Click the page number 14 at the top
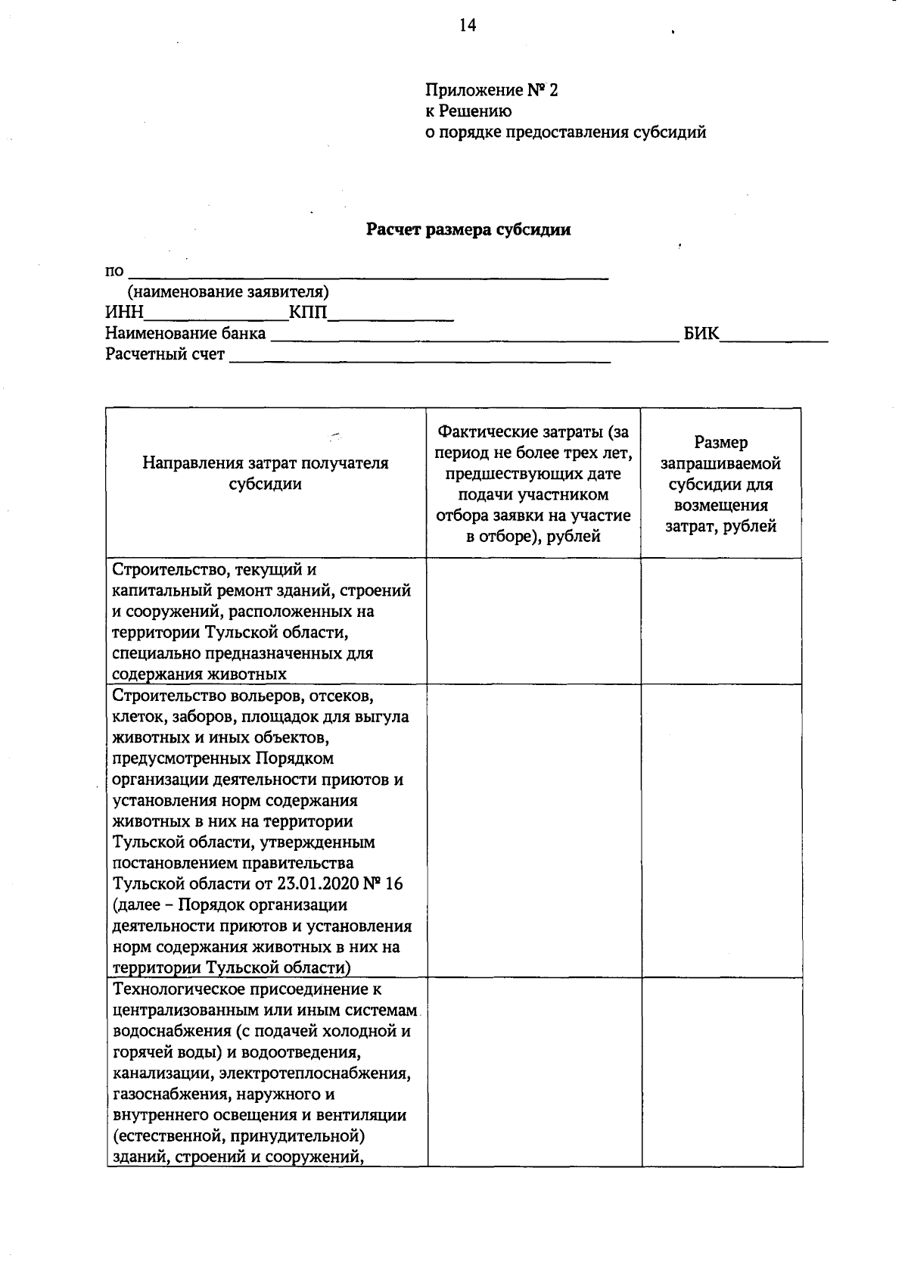tap(467, 26)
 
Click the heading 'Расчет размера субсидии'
tap(468, 230)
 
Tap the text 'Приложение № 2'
tap(491, 91)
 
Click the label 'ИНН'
tap(123, 313)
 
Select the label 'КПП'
tap(308, 313)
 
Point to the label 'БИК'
tap(701, 333)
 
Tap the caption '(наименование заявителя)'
tap(228, 292)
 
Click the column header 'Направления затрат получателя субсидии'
tap(266, 474)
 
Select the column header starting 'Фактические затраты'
tap(533, 484)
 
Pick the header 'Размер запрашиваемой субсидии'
tap(720, 484)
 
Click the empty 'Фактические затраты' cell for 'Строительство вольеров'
tap(533, 830)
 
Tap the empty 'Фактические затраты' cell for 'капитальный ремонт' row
tap(533, 621)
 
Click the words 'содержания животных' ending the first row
tap(199, 674)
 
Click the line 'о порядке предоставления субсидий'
tap(565, 133)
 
